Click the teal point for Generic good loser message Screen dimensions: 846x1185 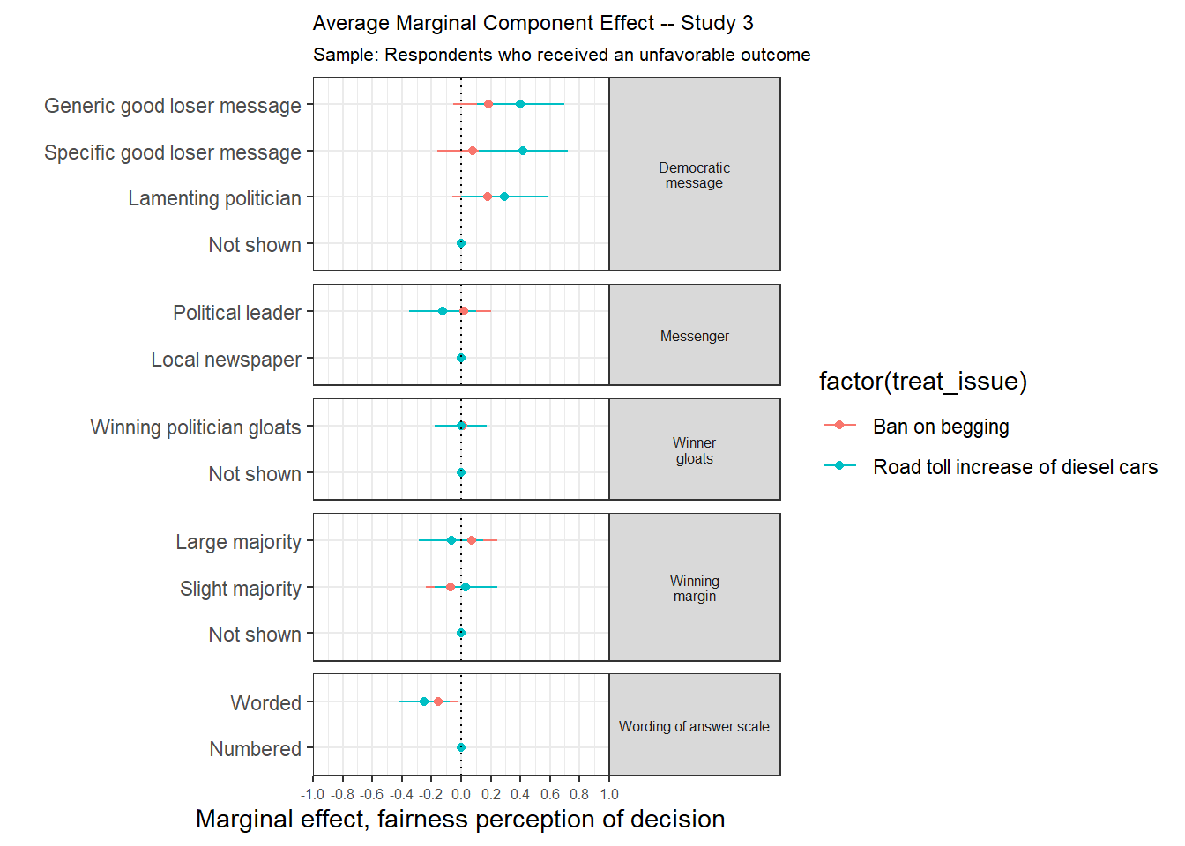coord(520,104)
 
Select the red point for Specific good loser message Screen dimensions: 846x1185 coord(473,151)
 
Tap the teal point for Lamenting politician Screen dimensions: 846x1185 coord(504,197)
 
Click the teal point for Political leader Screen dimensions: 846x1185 coord(443,311)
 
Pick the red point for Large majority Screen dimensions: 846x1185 coord(472,540)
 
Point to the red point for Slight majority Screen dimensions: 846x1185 coord(451,587)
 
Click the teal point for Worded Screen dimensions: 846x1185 coord(424,701)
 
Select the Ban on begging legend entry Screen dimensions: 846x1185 coord(940,427)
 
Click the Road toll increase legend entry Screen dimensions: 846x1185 coord(1014,467)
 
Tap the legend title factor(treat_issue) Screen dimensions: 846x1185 coord(922,381)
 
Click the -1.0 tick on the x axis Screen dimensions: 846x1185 coord(313,794)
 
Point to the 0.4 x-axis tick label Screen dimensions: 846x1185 coord(520,794)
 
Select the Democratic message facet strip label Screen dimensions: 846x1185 coord(694,174)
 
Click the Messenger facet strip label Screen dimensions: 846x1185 coord(694,336)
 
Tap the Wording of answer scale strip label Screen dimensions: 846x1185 coord(694,726)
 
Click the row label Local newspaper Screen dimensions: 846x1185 coord(226,360)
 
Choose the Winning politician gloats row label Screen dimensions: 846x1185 coord(196,427)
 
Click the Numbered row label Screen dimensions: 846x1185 coord(255,749)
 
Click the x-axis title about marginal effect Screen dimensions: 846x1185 coord(460,819)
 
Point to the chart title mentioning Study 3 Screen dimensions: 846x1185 coord(533,23)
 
